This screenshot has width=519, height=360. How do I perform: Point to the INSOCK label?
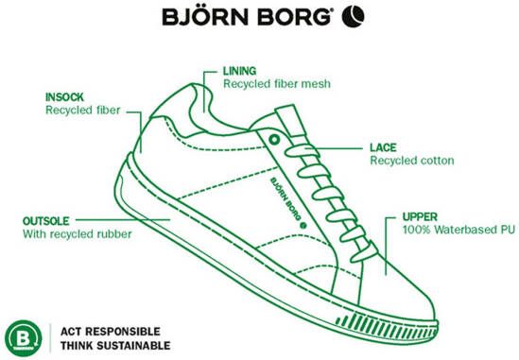coord(65,96)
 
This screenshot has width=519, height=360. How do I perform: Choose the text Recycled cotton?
coord(412,162)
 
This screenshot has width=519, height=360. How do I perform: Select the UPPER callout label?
coord(420,216)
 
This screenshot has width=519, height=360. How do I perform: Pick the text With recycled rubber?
coord(77,233)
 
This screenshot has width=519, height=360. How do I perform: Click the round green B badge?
coord(25,336)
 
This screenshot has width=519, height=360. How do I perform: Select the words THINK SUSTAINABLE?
coord(115,346)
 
